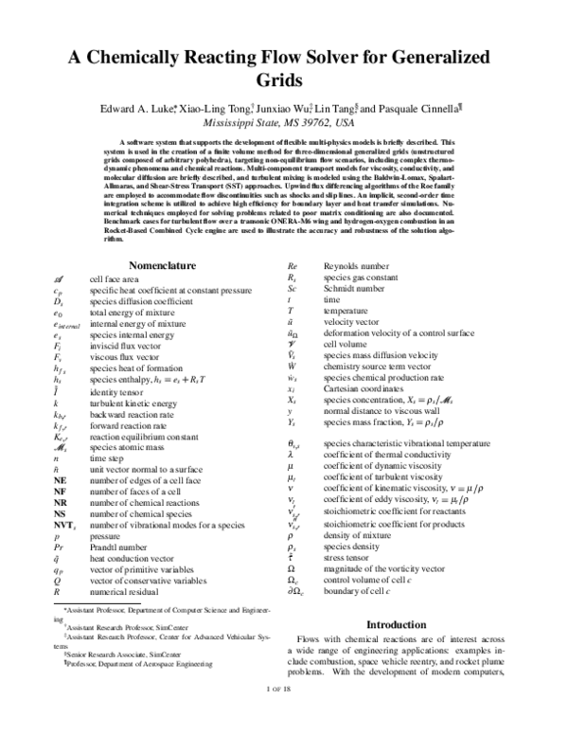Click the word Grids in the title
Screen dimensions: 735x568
pos(283,80)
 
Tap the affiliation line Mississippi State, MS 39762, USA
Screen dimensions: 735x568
pos(283,123)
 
